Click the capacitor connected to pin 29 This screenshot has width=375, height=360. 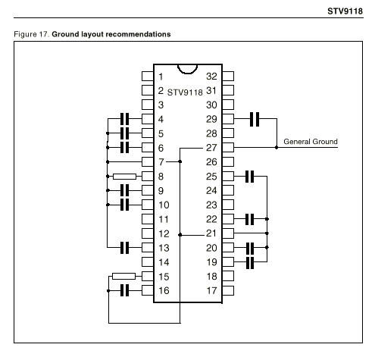coord(255,119)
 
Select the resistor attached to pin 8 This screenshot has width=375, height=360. coord(124,177)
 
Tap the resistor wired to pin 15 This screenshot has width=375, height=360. coord(123,276)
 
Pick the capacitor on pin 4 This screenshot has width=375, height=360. coord(124,119)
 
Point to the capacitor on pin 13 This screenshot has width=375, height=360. coord(124,248)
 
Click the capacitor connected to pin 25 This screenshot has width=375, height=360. coord(249,177)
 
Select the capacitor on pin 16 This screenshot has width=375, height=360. coord(124,290)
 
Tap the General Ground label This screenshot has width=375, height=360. coord(311,142)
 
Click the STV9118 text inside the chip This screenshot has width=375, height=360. coord(185,92)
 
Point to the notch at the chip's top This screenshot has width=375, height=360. coord(187,73)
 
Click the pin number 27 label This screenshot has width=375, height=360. coord(211,148)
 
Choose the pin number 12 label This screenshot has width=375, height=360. coord(164,233)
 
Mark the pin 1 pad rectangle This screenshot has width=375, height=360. coord(148,76)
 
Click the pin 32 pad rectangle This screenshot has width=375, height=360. coord(228,76)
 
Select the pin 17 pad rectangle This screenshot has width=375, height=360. coord(228,290)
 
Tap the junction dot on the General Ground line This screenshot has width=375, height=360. coord(277,147)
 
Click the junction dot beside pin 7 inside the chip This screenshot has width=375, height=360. coord(180,161)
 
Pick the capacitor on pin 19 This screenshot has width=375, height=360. coord(250,262)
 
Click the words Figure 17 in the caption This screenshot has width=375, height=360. coord(31,34)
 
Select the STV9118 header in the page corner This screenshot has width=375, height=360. coord(345,11)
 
